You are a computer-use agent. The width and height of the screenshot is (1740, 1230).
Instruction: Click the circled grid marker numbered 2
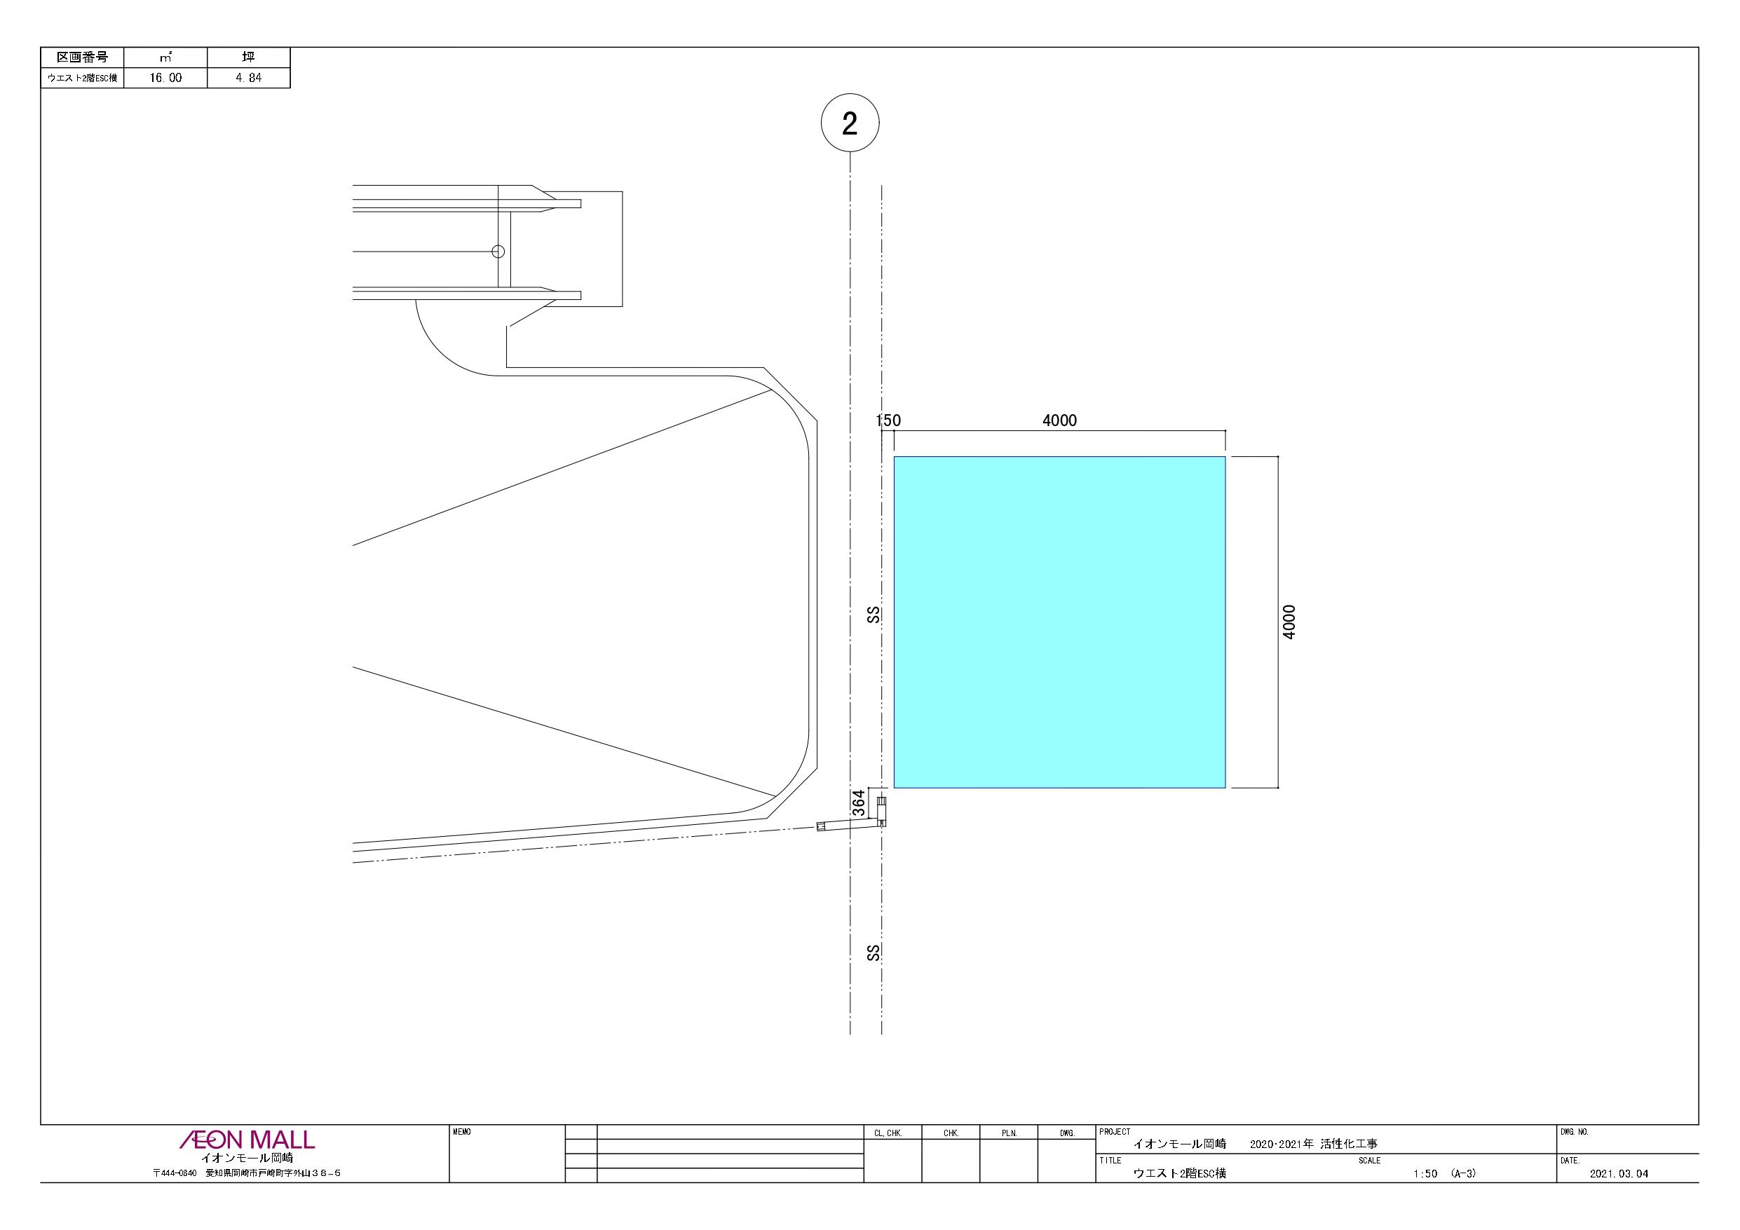850,123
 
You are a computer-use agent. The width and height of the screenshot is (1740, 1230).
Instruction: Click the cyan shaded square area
1059,622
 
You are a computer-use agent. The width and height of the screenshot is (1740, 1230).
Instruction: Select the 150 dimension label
888,421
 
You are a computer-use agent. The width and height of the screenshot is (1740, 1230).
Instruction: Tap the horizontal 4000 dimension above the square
1059,421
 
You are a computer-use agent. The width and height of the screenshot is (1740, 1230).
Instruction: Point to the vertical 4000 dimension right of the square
1289,622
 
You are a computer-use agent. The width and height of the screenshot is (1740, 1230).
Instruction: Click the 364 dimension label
859,802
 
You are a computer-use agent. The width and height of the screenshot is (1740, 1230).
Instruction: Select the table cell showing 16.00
165,78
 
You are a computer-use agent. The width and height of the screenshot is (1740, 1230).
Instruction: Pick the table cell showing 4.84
249,78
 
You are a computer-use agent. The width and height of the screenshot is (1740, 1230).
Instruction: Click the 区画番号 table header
83,57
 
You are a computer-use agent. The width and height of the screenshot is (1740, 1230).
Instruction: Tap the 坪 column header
249,57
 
